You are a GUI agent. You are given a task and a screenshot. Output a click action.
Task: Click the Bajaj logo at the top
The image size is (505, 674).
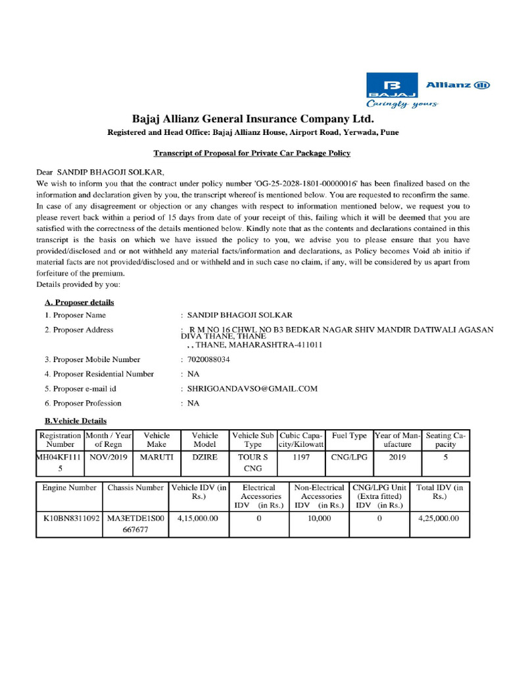coord(392,89)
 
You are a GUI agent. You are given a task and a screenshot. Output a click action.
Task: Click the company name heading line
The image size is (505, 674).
coord(252,119)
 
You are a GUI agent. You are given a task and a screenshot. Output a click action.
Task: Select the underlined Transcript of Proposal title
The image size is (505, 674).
coord(252,153)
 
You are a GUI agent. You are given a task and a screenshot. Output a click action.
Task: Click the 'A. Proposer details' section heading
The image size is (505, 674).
coord(79,302)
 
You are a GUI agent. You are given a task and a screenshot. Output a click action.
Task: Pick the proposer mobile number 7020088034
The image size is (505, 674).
coord(209,359)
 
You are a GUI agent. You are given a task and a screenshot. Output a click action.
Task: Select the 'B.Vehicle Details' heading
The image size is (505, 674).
coord(75,421)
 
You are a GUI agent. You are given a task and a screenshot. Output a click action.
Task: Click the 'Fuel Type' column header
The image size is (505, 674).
coord(349,436)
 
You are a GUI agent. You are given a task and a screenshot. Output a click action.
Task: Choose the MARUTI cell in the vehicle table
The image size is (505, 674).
coord(156,456)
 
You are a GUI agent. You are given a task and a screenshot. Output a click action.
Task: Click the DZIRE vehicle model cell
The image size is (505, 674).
coord(204,456)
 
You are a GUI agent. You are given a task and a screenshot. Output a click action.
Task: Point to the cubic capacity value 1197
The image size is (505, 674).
coord(301,456)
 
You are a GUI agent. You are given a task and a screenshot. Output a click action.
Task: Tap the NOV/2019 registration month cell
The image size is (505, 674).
coord(107,456)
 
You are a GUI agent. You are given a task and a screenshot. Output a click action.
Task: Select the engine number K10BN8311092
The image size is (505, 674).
coord(68,518)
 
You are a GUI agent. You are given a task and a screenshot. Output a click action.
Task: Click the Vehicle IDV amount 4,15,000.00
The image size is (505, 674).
coord(198,518)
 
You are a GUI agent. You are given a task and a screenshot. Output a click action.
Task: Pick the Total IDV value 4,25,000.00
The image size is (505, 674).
coord(439,518)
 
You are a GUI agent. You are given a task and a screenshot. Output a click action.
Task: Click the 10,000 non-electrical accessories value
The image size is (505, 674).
coord(319,518)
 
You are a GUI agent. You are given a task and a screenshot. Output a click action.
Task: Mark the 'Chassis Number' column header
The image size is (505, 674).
coord(135,488)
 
